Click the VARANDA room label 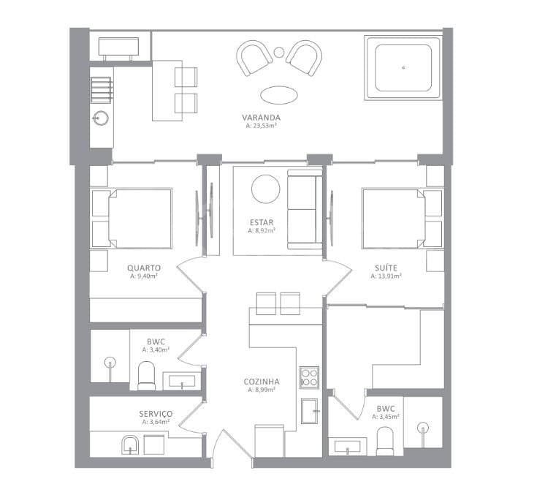coord(262,118)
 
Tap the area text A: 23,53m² coord(262,126)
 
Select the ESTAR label coord(262,223)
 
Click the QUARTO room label coord(144,268)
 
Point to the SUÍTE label coord(386,268)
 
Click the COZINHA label coord(262,382)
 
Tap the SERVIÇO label coord(156,414)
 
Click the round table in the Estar coord(265,189)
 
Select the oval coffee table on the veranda coord(279,95)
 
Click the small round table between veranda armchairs coord(279,52)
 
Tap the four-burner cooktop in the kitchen coord(309,377)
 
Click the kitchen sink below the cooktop coord(309,411)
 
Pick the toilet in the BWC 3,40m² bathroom coord(146,376)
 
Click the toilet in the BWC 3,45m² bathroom coord(385,442)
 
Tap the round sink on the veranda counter coord(101,118)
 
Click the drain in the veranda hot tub coord(403,68)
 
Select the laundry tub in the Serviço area coord(129,445)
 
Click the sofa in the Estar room coord(305,209)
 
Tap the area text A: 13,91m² coord(386,276)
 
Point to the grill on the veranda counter coord(102,90)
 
